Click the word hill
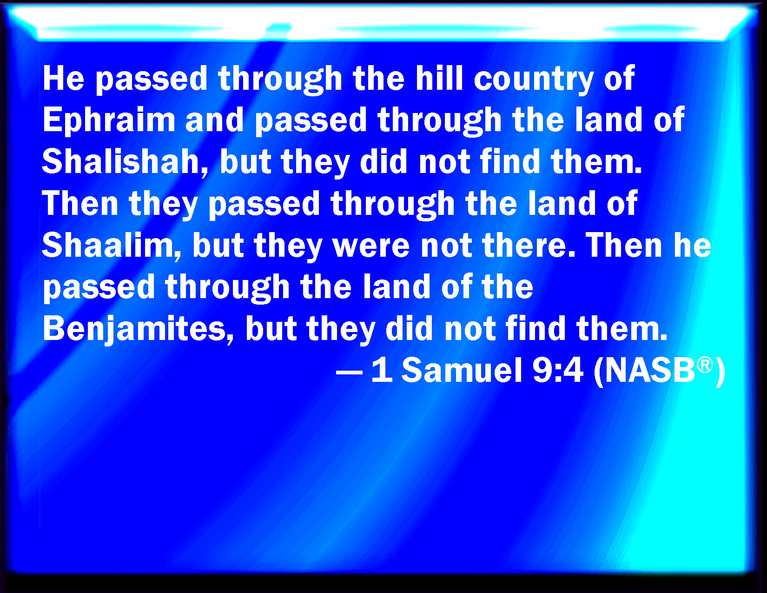tap(439, 78)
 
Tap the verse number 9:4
tap(558, 370)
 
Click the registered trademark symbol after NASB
tap(705, 365)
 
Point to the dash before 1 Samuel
tap(349, 372)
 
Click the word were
tap(371, 247)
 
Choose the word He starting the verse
tap(64, 79)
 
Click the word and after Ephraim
tap(214, 120)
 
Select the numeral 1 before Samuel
tap(382, 370)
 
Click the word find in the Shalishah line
tap(509, 161)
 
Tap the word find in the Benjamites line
tap(535, 328)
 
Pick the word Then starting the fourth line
tap(80, 203)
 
